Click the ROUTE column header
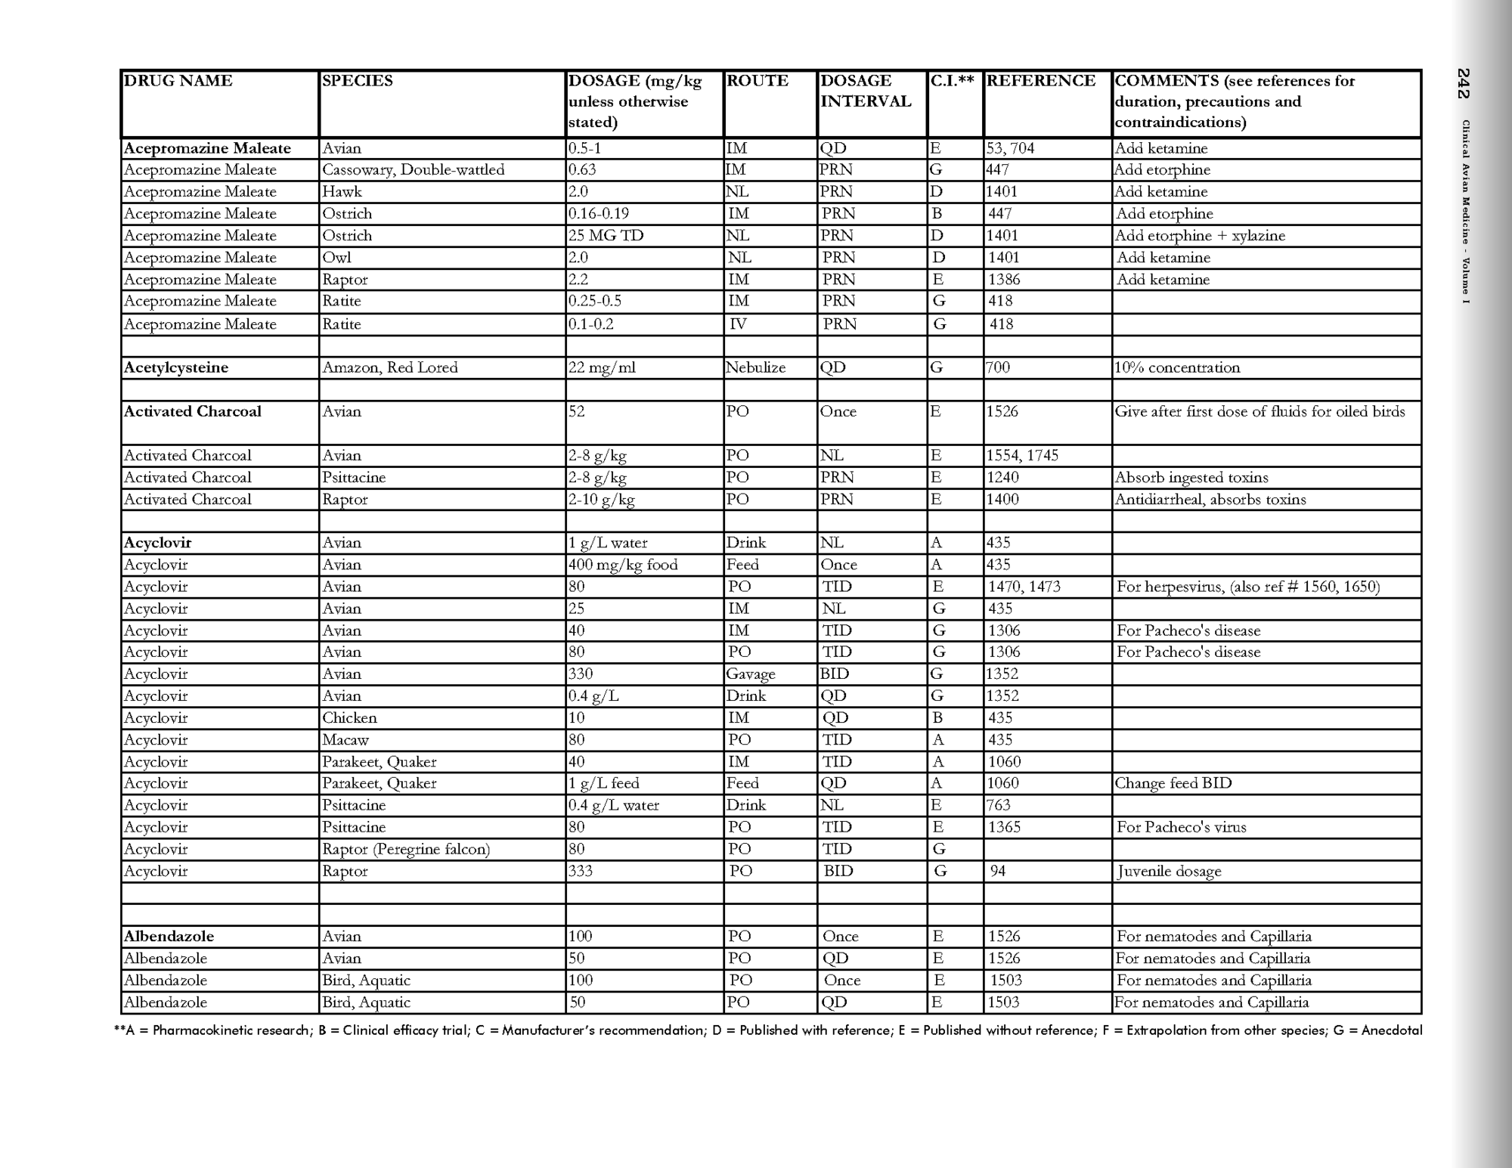click(x=757, y=81)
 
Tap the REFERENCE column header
click(x=1041, y=81)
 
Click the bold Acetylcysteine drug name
click(x=176, y=368)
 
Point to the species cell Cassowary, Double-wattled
click(x=413, y=170)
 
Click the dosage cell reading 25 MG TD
click(x=606, y=236)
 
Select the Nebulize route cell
click(x=755, y=368)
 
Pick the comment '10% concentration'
click(x=1177, y=368)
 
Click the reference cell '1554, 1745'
click(x=1022, y=456)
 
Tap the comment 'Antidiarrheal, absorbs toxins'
click(x=1210, y=500)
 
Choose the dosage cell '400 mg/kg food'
click(x=623, y=565)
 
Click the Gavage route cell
click(x=751, y=674)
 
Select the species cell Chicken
click(x=349, y=718)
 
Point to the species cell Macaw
click(x=345, y=740)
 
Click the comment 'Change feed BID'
click(x=1173, y=784)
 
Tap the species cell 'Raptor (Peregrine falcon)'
click(x=406, y=850)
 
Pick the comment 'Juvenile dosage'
click(x=1169, y=872)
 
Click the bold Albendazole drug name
click(x=169, y=937)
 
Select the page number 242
click(x=1464, y=83)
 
